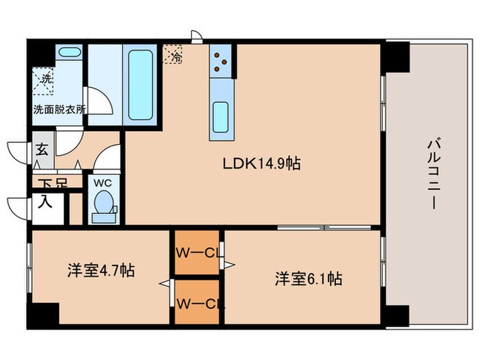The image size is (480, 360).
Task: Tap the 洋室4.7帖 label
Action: (100, 270)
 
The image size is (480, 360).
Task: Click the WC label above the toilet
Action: (103, 184)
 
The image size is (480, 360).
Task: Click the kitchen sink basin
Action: (221, 112)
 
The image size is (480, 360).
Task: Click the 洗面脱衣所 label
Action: (58, 109)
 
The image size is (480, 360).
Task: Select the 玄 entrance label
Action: (42, 151)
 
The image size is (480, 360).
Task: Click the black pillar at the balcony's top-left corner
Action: (396, 57)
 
